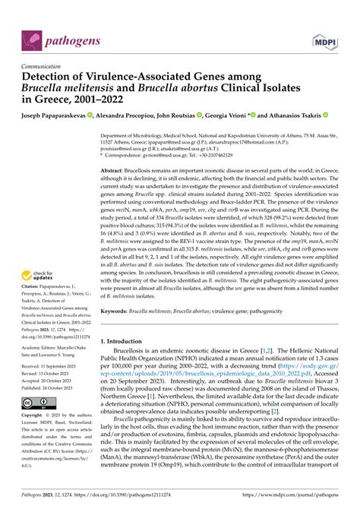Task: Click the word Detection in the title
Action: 50,78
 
